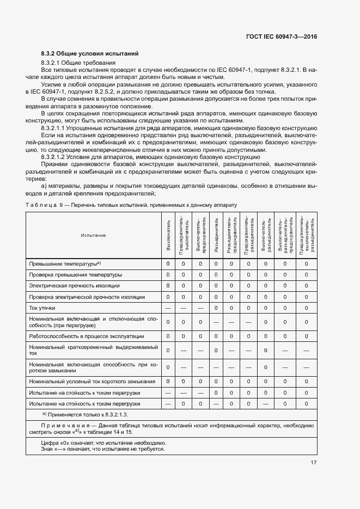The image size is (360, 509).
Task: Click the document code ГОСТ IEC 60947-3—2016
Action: click(x=283, y=36)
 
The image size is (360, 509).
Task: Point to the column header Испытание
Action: click(x=93, y=235)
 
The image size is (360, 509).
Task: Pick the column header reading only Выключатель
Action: click(x=168, y=235)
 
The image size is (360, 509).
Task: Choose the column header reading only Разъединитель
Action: click(x=216, y=235)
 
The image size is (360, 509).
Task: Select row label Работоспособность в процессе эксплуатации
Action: click(x=87, y=336)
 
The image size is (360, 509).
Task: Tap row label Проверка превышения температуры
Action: click(x=76, y=274)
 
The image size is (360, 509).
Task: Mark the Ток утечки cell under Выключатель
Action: click(x=168, y=308)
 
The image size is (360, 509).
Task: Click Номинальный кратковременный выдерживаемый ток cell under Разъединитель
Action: click(x=216, y=350)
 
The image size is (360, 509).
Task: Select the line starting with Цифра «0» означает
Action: click(x=104, y=443)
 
